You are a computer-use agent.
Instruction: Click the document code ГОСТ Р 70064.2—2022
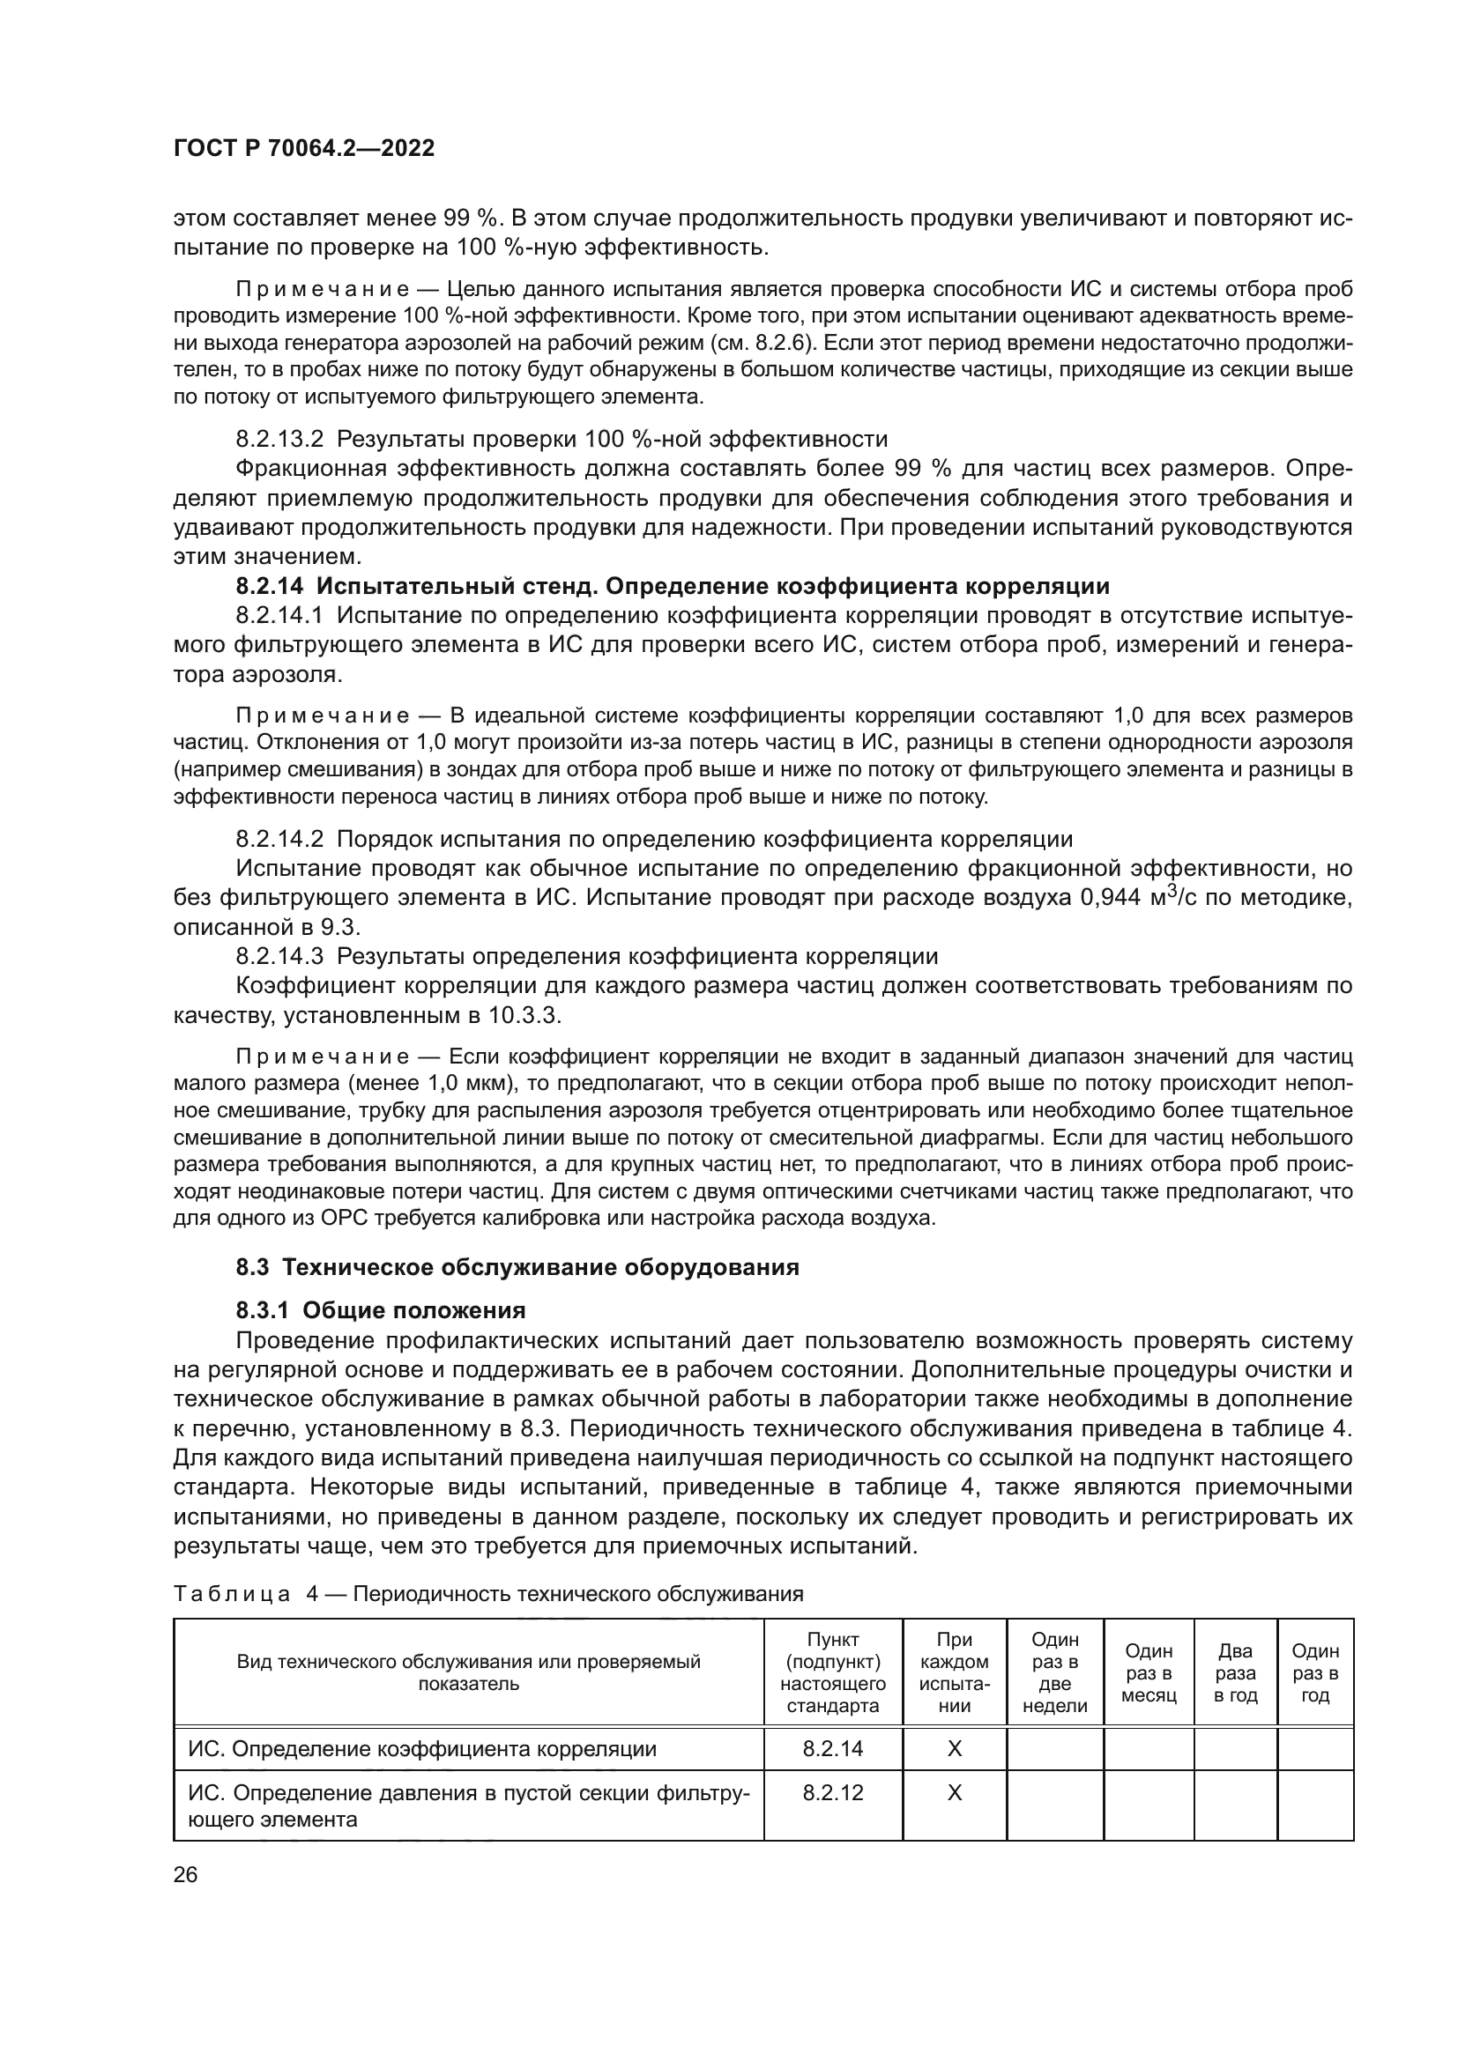(x=303, y=148)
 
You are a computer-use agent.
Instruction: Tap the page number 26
(x=185, y=1874)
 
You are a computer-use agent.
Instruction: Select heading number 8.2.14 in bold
(x=271, y=586)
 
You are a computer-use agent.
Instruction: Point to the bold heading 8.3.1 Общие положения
(x=381, y=1310)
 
